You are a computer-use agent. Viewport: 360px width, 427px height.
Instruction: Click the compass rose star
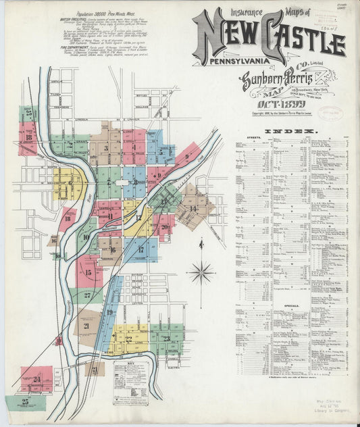point(201,272)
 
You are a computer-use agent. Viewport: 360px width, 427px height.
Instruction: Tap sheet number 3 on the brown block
point(106,147)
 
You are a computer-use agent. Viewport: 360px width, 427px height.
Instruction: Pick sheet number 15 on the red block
point(88,272)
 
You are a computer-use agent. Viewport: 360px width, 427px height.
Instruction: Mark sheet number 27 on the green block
point(87,295)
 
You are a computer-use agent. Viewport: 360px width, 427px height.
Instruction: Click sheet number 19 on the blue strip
point(109,312)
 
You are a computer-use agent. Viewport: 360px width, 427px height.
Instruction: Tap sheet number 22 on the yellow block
point(128,339)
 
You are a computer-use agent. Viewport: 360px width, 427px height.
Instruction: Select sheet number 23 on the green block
point(165,338)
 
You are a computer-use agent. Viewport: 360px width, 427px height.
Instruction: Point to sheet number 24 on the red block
point(36,380)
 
